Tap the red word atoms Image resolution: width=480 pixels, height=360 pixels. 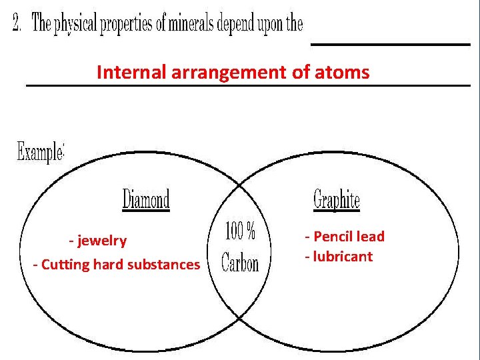[x=341, y=72]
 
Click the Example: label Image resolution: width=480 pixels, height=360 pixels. [x=40, y=152]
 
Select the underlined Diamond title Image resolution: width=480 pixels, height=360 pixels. [x=146, y=199]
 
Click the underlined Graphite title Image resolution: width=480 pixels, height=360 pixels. [x=336, y=199]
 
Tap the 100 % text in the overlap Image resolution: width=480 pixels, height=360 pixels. [x=240, y=231]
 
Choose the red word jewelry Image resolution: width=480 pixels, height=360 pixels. [x=101, y=240]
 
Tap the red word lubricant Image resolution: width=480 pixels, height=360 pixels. [x=342, y=257]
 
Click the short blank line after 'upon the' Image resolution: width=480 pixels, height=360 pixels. [x=391, y=44]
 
